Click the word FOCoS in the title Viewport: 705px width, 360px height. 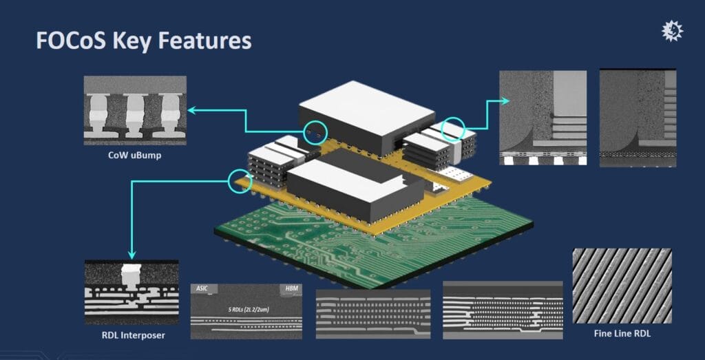pyautogui.click(x=69, y=41)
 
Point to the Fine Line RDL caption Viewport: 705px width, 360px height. pyautogui.click(x=622, y=334)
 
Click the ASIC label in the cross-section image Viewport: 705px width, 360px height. pyautogui.click(x=200, y=289)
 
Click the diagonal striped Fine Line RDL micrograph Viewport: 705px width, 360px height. pyautogui.click(x=622, y=286)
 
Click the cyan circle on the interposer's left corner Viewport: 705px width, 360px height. pyautogui.click(x=236, y=180)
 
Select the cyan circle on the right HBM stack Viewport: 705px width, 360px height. pyautogui.click(x=452, y=129)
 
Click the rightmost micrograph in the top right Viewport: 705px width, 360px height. pyautogui.click(x=638, y=117)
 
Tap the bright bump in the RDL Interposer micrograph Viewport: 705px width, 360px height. pyautogui.click(x=129, y=274)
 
